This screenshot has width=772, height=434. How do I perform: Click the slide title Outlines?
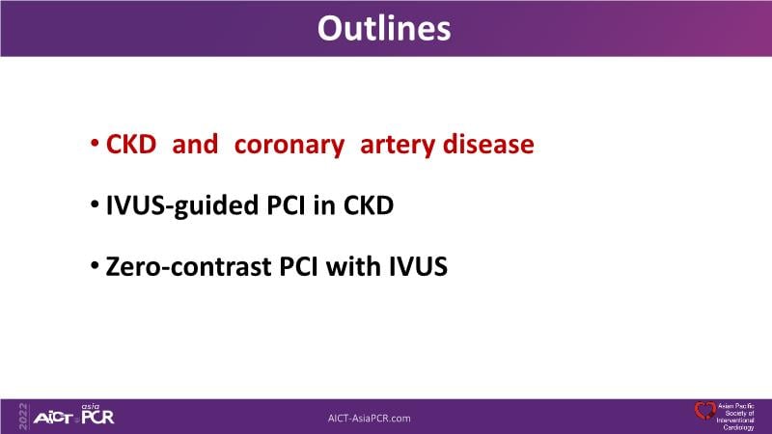[x=384, y=28]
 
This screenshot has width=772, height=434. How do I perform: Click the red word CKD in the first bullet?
[x=131, y=144]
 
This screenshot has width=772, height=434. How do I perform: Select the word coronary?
[x=289, y=147]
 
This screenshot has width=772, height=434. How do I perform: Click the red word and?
[x=195, y=144]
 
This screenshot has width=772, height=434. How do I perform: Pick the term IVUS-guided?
[x=182, y=206]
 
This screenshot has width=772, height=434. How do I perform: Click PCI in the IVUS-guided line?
[x=286, y=205]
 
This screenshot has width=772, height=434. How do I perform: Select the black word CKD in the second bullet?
[x=369, y=205]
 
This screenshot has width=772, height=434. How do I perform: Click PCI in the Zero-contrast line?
[x=298, y=267]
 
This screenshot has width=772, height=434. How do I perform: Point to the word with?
[x=353, y=266]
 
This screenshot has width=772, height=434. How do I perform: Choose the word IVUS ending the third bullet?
[x=418, y=267]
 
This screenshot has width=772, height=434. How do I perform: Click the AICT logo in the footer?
[x=53, y=419]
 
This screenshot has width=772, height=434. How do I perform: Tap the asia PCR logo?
[x=97, y=415]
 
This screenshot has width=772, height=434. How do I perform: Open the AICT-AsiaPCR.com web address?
[x=370, y=419]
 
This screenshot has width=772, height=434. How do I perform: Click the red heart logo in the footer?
[x=705, y=411]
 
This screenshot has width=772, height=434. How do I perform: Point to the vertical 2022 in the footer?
[x=23, y=417]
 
